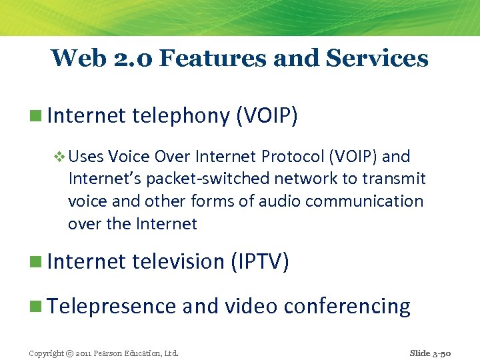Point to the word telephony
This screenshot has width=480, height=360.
pyautogui.click(x=181, y=116)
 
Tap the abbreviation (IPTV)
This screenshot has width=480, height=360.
pyautogui.click(x=259, y=261)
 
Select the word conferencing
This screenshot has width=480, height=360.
pyautogui.click(x=347, y=306)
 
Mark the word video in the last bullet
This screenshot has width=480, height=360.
pyautogui.click(x=251, y=306)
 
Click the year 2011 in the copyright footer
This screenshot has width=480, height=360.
pyautogui.click(x=84, y=353)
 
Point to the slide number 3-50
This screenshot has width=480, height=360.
pyautogui.click(x=442, y=353)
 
